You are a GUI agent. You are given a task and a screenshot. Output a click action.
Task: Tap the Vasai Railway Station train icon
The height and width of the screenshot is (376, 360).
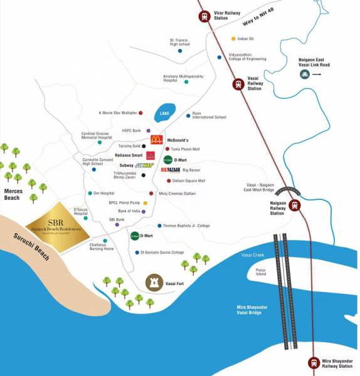tap(238, 84)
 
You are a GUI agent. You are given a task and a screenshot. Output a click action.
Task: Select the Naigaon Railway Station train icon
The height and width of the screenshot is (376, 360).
tap(294, 206)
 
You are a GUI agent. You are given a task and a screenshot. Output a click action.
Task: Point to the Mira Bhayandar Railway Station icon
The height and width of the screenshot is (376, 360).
tap(314, 362)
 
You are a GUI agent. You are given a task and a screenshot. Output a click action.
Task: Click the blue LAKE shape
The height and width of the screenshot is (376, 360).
tap(164, 113)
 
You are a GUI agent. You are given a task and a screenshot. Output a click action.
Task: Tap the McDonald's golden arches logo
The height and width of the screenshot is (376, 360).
tap(156, 140)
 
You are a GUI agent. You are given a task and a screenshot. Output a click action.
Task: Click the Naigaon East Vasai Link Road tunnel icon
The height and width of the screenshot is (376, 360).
tap(304, 74)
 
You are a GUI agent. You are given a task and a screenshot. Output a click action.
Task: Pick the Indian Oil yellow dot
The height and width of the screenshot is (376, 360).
tap(233, 39)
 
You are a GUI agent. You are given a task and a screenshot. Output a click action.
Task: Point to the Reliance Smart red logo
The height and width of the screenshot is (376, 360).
tap(151, 155)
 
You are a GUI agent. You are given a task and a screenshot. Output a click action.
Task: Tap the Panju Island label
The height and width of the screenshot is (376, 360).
tap(262, 271)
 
